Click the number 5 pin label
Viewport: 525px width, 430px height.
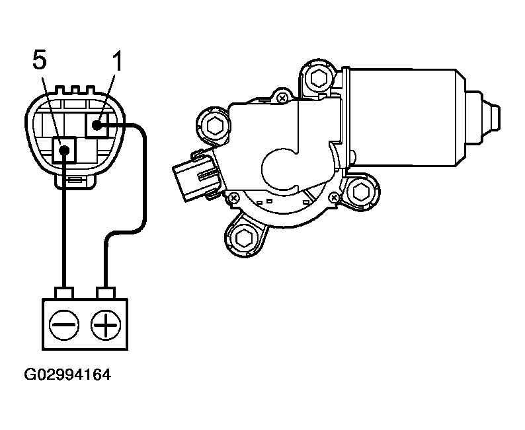click(x=40, y=60)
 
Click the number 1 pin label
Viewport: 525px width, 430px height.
click(x=117, y=61)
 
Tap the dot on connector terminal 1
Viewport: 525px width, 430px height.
click(x=97, y=125)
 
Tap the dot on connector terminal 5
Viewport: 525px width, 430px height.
click(x=64, y=150)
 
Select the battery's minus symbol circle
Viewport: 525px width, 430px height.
click(x=64, y=325)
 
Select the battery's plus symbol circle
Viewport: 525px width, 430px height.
click(x=106, y=325)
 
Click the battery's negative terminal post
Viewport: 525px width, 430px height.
click(x=65, y=293)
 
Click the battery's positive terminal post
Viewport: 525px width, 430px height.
click(x=106, y=293)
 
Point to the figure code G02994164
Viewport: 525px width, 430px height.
click(x=67, y=375)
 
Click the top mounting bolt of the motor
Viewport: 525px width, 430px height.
click(x=318, y=79)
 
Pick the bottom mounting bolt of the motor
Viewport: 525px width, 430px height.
click(x=243, y=238)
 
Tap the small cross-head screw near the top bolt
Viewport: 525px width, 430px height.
click(x=282, y=98)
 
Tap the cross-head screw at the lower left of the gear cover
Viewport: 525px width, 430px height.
click(x=233, y=198)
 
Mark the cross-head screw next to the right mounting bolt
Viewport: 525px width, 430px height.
click(x=333, y=197)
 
